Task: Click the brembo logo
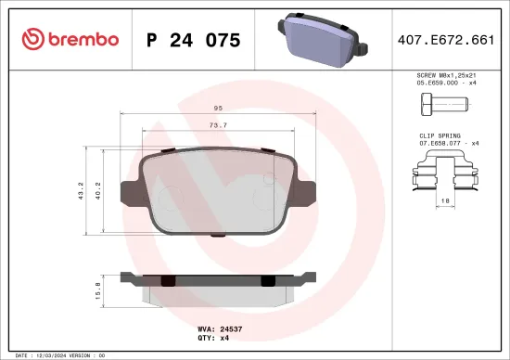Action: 70,39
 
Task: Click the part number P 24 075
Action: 194,40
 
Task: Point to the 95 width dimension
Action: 217,109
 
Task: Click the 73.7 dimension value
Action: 217,124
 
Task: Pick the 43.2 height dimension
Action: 82,191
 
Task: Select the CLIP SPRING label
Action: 441,135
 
